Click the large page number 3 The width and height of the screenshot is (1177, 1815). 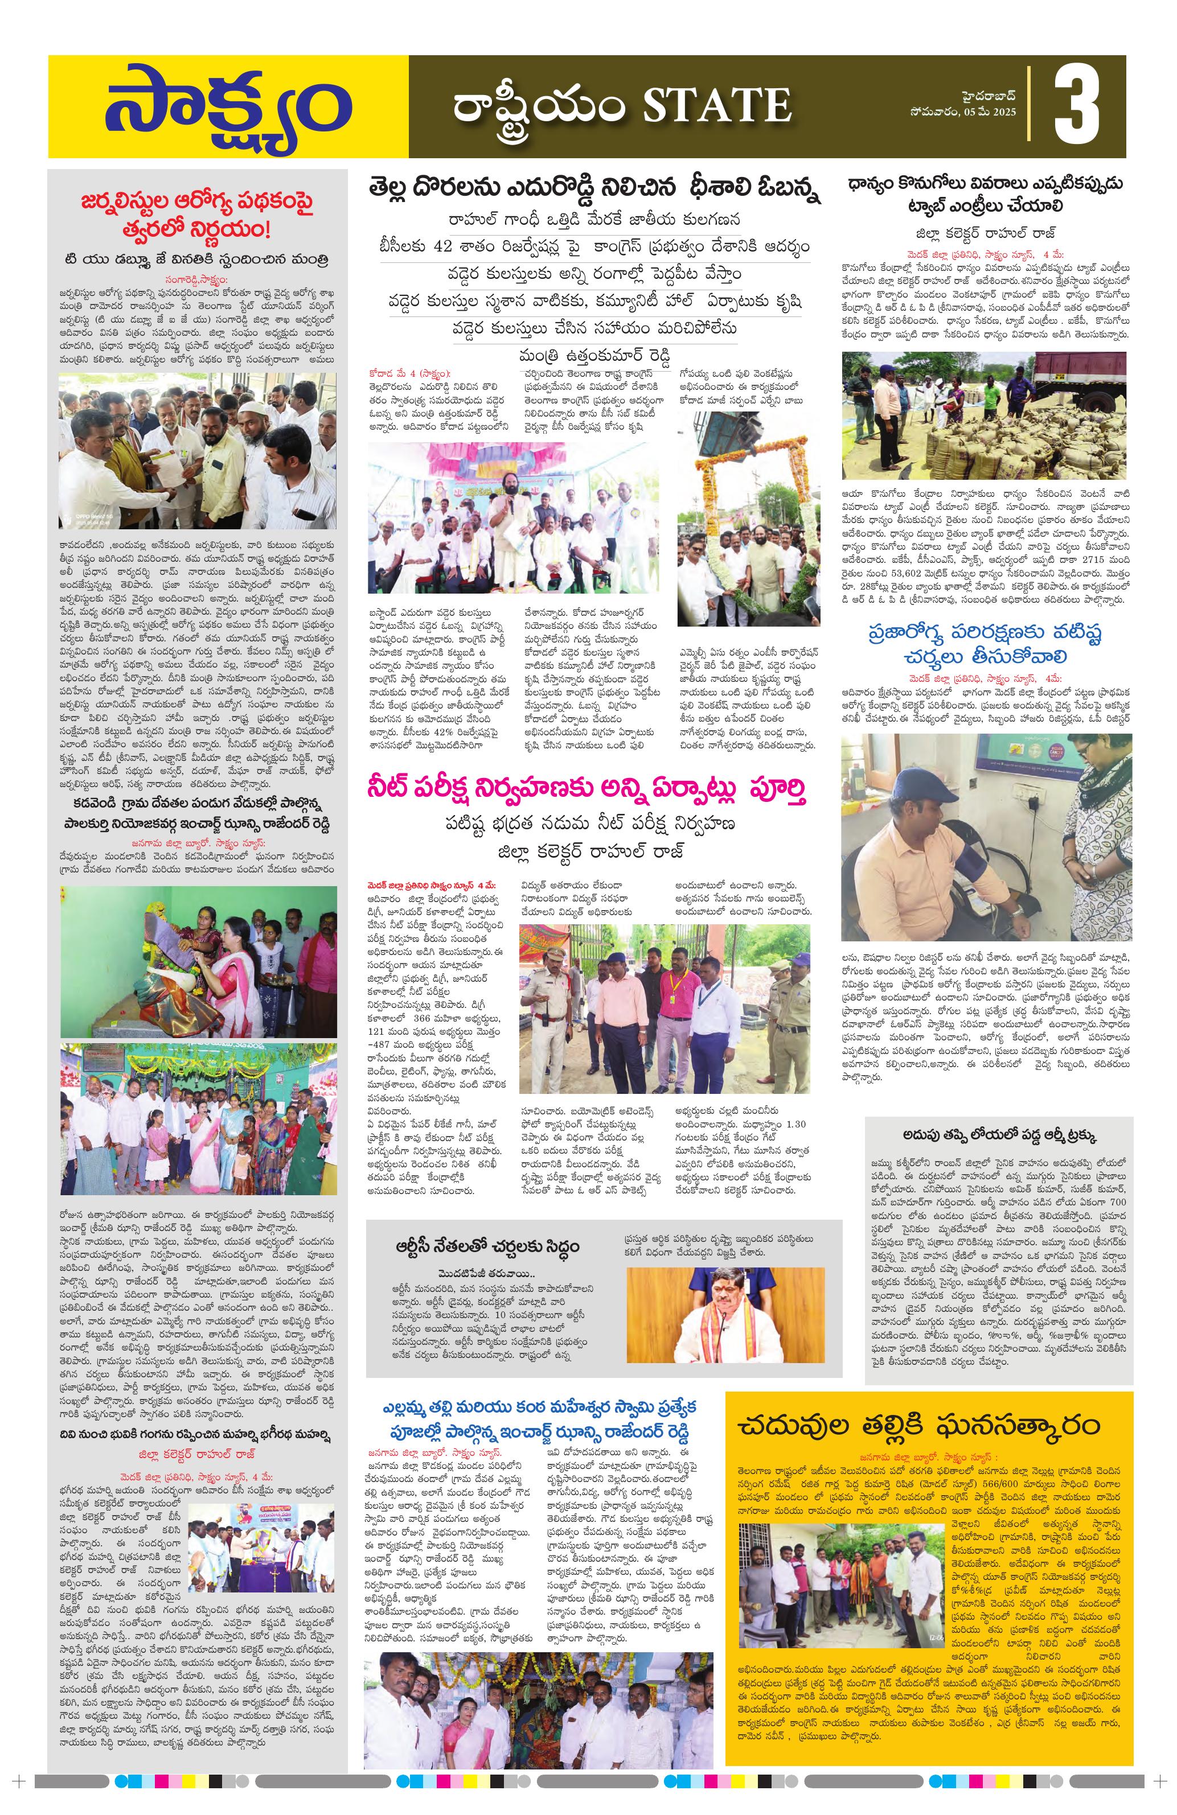1076,106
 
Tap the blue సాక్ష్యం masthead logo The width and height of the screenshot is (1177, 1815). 227,108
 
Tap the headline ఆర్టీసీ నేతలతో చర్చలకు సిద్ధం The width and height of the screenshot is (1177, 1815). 487,1245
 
